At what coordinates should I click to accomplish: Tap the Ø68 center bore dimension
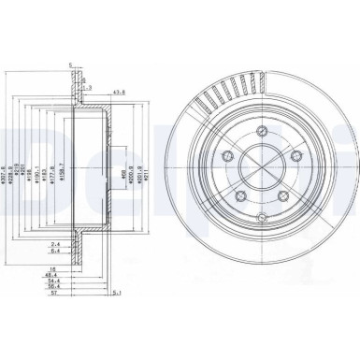coord(122,170)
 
